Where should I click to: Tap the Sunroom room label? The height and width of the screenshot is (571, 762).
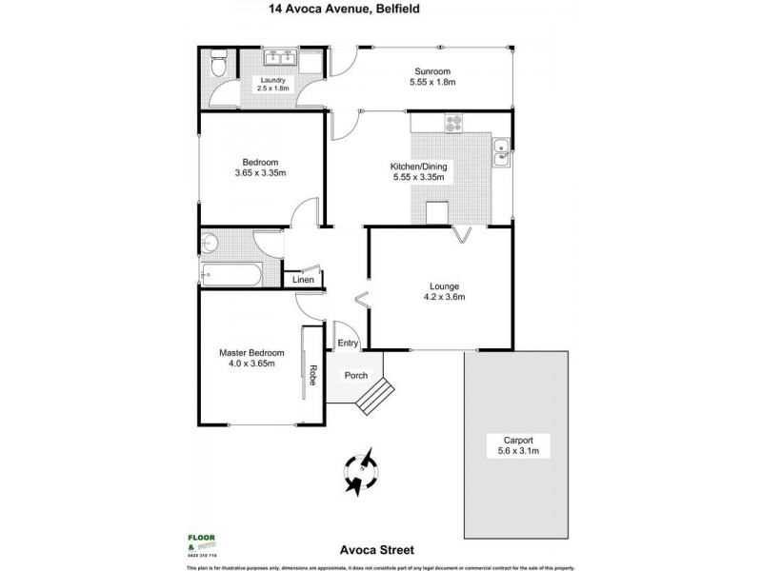point(431,77)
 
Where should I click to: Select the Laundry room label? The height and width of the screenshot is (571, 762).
point(271,85)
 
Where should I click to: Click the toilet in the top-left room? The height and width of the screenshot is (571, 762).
point(217,65)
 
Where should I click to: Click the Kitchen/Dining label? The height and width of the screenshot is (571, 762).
point(419,171)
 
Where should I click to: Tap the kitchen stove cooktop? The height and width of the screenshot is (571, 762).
point(453,122)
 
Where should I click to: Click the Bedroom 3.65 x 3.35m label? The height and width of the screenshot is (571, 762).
point(248,167)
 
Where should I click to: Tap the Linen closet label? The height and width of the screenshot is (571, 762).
point(303,280)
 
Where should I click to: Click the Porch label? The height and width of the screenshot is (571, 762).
point(355,375)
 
